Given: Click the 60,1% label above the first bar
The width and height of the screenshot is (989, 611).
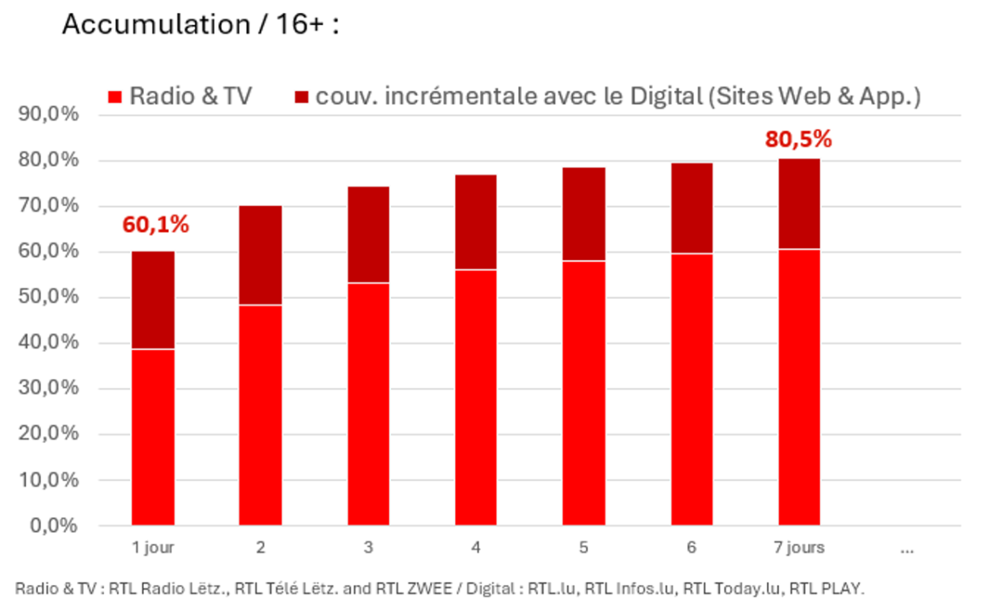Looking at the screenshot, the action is [x=155, y=224].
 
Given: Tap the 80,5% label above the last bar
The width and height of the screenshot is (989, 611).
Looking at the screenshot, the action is [x=798, y=139].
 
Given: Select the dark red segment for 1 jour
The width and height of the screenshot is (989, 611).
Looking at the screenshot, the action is [x=154, y=300].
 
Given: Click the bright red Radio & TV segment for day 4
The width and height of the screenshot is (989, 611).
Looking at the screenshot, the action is [x=476, y=398].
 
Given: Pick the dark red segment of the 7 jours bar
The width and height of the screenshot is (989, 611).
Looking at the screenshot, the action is [x=799, y=204].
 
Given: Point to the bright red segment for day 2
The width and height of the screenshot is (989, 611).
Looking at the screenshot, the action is [x=260, y=415].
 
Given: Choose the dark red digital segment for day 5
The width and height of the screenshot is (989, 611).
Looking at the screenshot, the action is [x=583, y=214].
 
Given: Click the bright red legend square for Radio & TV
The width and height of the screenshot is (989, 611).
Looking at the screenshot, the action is [x=115, y=97].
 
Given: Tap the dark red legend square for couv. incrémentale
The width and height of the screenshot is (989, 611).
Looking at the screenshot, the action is [x=301, y=97].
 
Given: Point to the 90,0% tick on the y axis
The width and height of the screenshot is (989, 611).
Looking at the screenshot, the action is [x=48, y=114].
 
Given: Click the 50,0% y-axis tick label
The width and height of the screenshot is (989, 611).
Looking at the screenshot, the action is [x=48, y=297].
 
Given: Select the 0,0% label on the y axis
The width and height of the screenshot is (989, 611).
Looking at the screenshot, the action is [x=54, y=526].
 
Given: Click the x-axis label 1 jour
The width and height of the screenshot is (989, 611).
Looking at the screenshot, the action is [x=154, y=548].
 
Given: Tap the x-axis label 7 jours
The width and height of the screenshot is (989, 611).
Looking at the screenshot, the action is [x=799, y=548].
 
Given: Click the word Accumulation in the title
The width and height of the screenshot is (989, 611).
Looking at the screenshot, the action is [x=156, y=24].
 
